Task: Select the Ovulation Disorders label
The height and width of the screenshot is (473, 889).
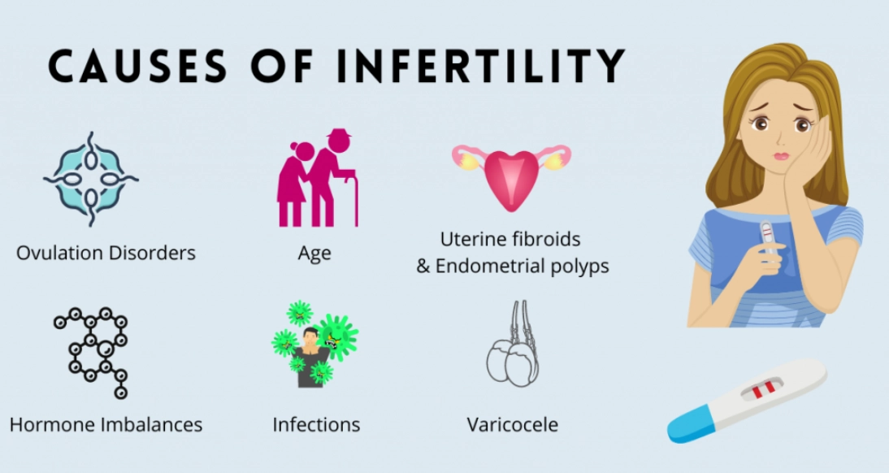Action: [x=106, y=253]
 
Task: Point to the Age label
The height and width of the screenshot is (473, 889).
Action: [x=314, y=253]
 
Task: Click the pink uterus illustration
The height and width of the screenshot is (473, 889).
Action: [x=512, y=176]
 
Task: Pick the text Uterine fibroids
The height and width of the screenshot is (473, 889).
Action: [x=510, y=240]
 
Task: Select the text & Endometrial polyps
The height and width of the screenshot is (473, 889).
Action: [x=513, y=267]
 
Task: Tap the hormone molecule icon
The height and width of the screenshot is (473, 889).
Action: [x=93, y=352]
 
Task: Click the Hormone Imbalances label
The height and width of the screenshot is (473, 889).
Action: [x=106, y=424]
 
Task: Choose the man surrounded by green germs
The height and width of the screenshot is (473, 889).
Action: [x=314, y=345]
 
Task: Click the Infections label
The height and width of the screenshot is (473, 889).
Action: [x=316, y=424]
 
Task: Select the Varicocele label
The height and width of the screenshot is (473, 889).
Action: [x=512, y=424]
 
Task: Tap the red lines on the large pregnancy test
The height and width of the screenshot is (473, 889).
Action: [x=762, y=391]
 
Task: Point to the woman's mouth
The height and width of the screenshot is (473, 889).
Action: [x=781, y=155]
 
